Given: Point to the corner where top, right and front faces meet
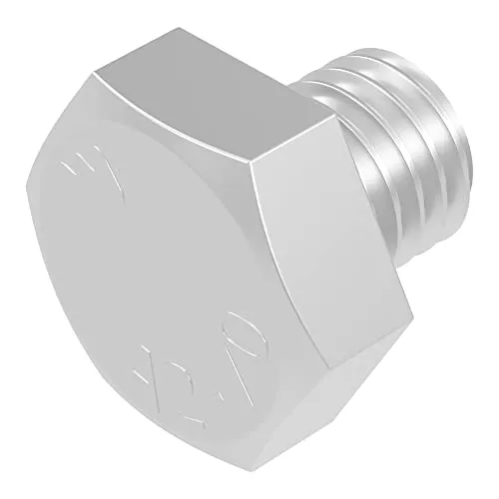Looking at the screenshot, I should pos(250,165).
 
